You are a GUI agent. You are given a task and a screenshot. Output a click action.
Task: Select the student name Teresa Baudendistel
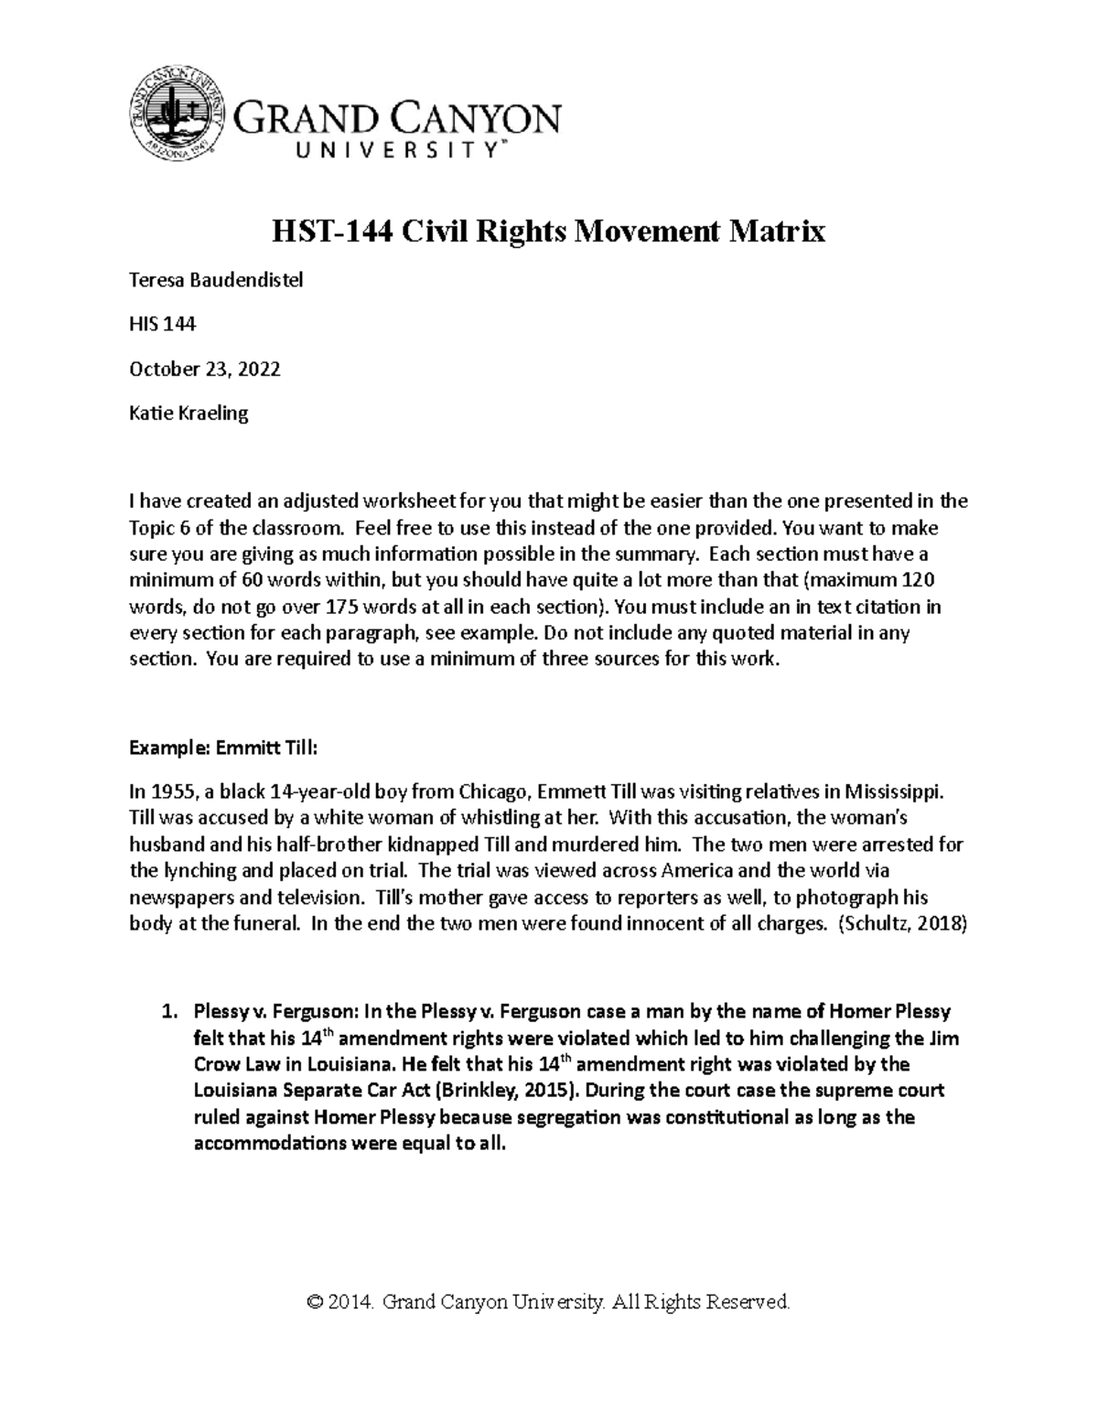click(216, 281)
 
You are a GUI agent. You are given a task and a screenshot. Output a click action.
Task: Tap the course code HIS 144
click(163, 325)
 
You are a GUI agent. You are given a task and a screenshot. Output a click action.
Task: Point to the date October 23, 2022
click(205, 370)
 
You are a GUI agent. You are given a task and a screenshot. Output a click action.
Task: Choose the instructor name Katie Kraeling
click(188, 414)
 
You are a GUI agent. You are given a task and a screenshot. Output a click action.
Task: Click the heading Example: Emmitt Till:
click(223, 748)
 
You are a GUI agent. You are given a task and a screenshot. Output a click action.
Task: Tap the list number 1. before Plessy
click(167, 1012)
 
